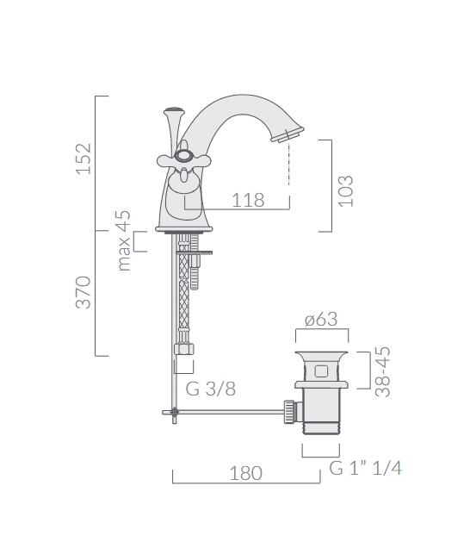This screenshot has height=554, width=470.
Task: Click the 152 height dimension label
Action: (x=83, y=159)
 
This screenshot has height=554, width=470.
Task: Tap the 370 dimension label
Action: (x=83, y=293)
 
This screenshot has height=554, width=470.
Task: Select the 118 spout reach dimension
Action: (x=248, y=200)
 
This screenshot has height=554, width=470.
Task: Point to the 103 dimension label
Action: (x=346, y=190)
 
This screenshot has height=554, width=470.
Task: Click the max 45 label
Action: (x=124, y=240)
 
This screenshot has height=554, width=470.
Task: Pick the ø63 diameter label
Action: (x=321, y=319)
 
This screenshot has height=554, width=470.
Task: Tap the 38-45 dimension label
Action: (x=383, y=371)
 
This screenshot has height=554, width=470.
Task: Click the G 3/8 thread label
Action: (x=210, y=389)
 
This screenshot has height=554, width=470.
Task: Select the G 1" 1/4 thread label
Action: (x=366, y=468)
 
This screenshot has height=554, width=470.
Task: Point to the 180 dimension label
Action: (x=246, y=474)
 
